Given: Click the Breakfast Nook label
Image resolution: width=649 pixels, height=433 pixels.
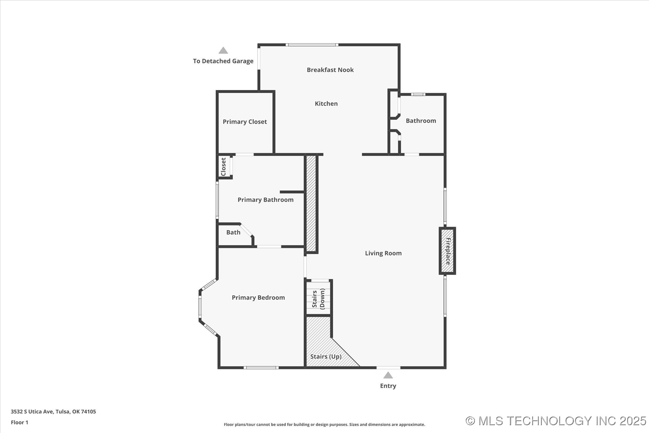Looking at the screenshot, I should [330, 70].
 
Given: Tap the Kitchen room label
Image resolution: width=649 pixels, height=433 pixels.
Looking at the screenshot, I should [326, 104].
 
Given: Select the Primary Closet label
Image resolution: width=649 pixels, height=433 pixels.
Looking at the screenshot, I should [245, 122].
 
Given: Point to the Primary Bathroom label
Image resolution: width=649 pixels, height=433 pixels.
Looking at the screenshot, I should [265, 200].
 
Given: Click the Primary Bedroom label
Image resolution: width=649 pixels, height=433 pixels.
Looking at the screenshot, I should [258, 298].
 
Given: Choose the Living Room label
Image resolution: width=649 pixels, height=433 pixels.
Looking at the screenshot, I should [383, 253].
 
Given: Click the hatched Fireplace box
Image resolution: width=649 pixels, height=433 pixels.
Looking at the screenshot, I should [447, 251].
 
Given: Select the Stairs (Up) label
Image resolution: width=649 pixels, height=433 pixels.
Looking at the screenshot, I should [326, 357].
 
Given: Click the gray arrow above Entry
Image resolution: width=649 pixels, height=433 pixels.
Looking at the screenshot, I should [388, 375].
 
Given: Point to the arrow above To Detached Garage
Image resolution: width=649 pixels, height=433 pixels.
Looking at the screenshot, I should [223, 50].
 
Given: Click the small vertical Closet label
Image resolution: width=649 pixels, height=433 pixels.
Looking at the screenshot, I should [223, 167].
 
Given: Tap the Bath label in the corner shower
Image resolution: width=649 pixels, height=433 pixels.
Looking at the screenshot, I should [233, 232].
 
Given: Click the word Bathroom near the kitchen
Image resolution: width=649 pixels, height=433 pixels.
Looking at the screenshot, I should [421, 121].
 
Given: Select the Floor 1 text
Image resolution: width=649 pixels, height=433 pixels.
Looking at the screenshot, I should [20, 422].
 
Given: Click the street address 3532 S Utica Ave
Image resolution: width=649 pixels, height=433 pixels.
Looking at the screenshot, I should [53, 412].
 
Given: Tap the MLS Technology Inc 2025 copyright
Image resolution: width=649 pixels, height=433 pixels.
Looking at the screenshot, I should [556, 421].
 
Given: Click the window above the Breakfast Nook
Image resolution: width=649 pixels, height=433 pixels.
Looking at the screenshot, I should [312, 45].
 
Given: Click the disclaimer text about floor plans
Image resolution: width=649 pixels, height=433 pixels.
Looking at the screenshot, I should [324, 425].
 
